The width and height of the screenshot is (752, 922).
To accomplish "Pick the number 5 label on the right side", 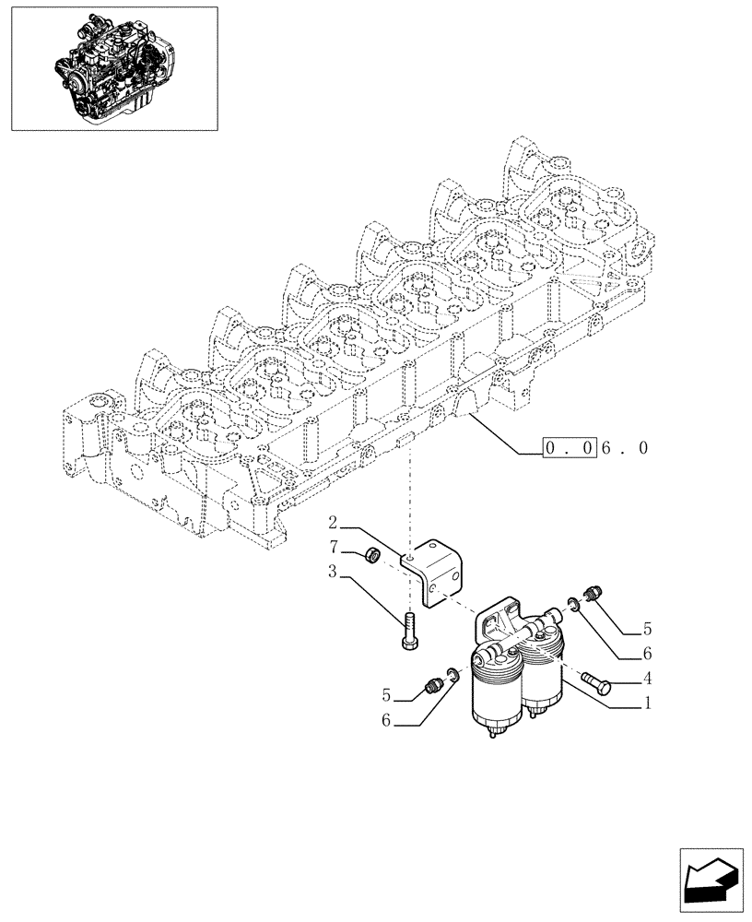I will tap(647, 630).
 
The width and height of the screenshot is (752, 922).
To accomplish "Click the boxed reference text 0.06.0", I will tap(596, 449).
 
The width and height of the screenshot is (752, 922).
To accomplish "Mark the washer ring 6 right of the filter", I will tap(574, 606).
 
